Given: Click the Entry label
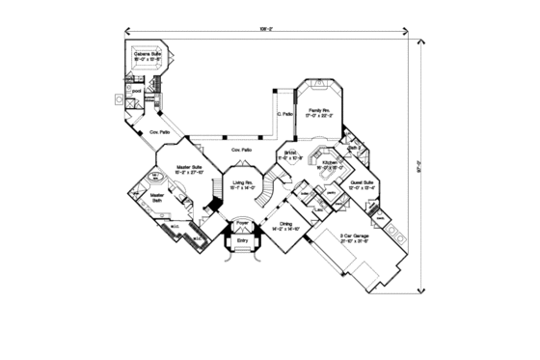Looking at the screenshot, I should tap(241, 240).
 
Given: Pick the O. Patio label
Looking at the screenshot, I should tap(284, 117).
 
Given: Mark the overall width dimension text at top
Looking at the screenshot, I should tap(267, 29).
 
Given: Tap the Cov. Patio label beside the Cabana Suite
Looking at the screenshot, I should tap(158, 131).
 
